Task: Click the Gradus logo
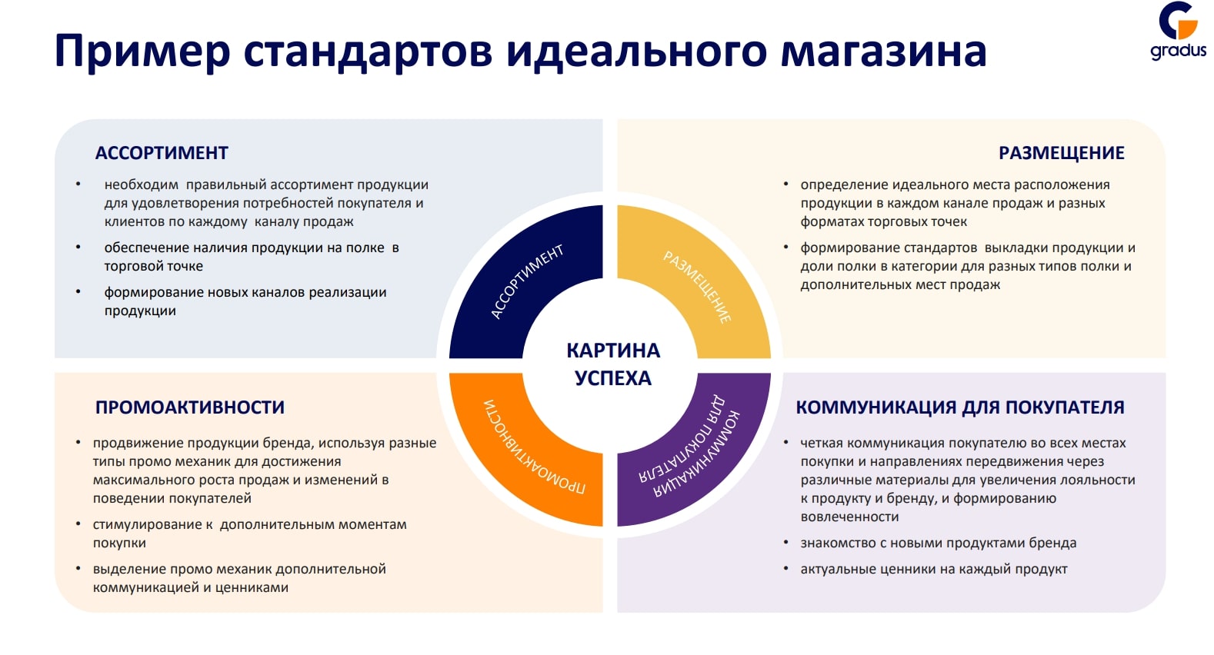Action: tap(1179, 32)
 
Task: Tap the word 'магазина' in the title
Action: tap(884, 52)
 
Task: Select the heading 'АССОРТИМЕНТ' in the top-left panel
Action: tap(162, 153)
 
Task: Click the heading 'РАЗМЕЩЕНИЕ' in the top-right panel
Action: tap(1061, 153)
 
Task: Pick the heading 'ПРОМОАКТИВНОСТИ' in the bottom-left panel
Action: tap(190, 407)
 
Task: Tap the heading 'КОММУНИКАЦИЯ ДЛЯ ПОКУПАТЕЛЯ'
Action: tap(960, 407)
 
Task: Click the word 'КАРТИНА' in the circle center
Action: tap(613, 351)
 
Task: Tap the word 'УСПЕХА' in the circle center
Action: tap(613, 378)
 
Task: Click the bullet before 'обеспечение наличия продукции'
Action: tap(78, 248)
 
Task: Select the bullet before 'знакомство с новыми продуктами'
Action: tap(785, 542)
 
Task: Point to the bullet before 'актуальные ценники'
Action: tap(785, 569)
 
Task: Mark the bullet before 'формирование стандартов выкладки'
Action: tap(785, 248)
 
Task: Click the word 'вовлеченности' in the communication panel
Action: tap(849, 517)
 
